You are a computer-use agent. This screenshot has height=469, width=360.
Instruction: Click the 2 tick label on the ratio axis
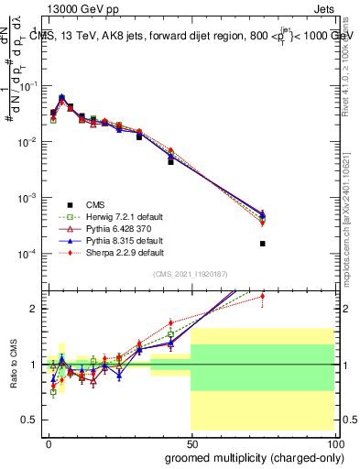[33, 309]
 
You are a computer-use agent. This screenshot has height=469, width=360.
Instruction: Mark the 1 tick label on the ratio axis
[33, 365]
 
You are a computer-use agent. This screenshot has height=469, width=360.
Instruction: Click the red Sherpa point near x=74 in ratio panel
[262, 296]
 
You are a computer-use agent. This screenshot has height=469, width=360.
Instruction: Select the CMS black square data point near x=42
[170, 161]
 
